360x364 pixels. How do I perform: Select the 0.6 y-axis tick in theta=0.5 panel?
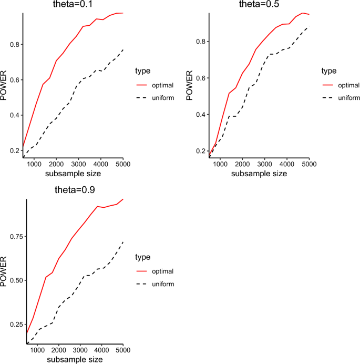tap(200, 78)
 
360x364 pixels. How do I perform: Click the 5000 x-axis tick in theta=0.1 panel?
tap(122, 163)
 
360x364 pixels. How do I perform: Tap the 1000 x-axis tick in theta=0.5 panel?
tap(220, 163)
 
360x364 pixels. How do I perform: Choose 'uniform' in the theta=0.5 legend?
tap(349, 98)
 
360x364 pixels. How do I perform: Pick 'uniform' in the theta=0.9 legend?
tap(163, 284)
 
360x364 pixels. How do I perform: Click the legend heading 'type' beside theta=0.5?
tap(330, 70)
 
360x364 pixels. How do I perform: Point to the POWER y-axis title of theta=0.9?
tap(5, 271)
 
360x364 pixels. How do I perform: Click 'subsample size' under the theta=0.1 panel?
tap(73, 174)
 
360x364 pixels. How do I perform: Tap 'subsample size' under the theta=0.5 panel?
tap(259, 174)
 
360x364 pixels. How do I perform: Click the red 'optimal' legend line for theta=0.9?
tap(141, 271)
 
